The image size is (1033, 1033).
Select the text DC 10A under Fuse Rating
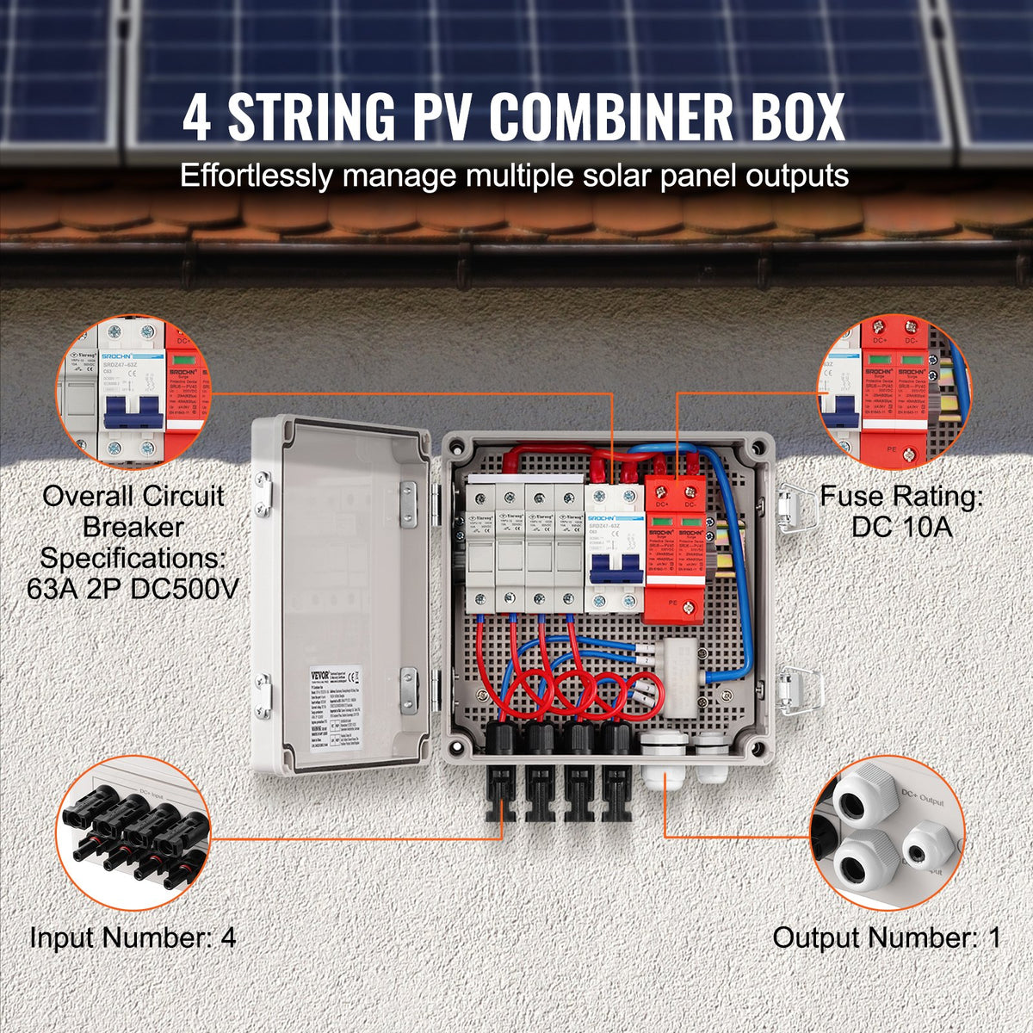click(902, 527)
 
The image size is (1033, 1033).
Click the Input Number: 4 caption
click(133, 937)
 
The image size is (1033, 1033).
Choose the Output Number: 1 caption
click(887, 937)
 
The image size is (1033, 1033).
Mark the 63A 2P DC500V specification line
click(133, 590)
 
